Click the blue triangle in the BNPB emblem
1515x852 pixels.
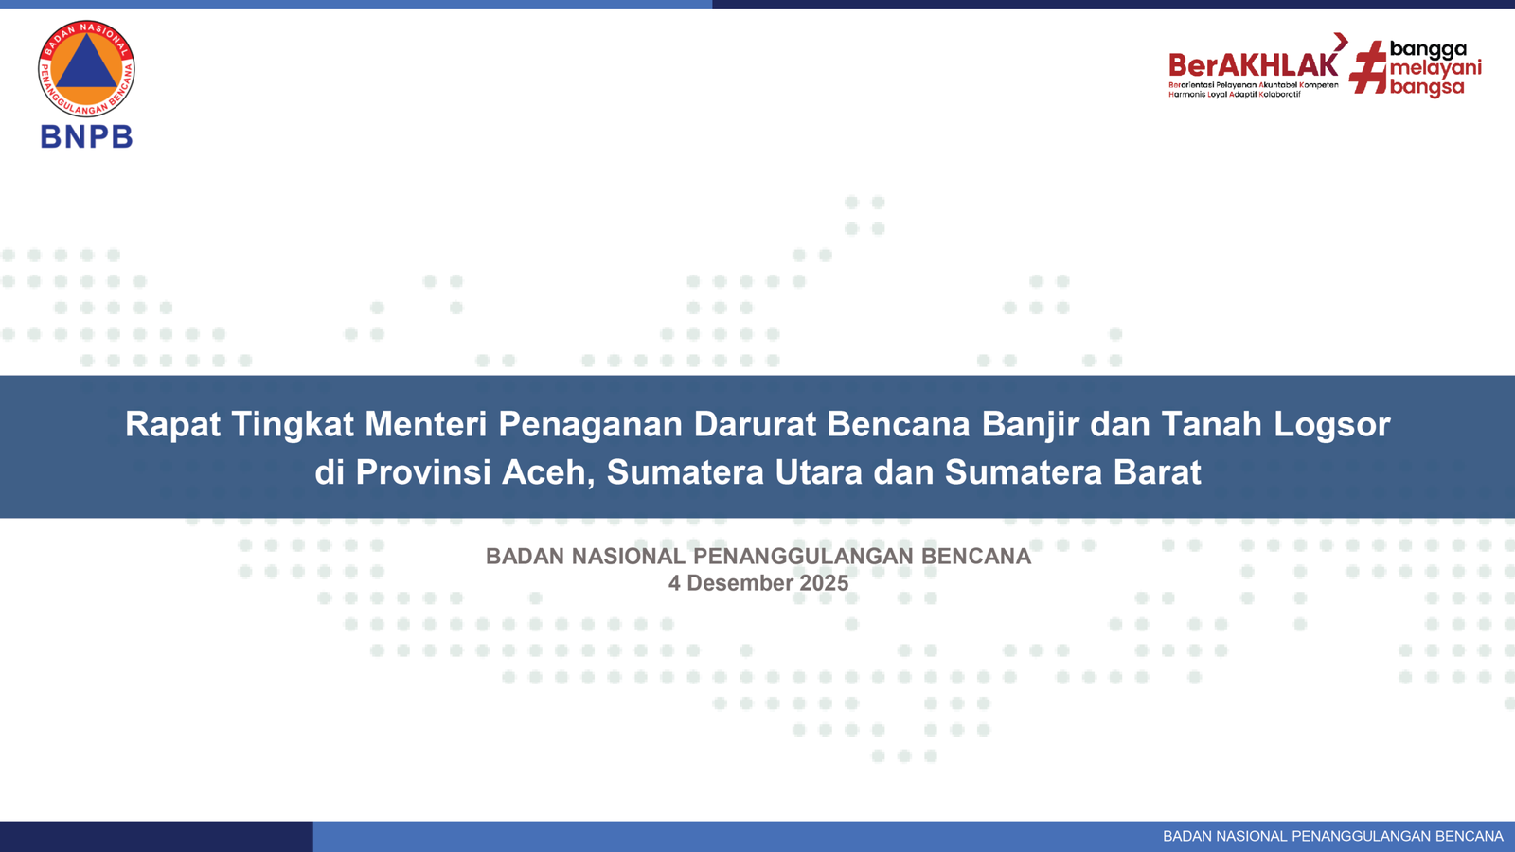pos(86,62)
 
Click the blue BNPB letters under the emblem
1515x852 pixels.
pos(86,136)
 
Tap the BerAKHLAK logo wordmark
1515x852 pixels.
pos(1254,65)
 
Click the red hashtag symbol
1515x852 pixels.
pos(1367,67)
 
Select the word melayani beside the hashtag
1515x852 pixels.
pos(1435,68)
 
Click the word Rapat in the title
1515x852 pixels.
pos(172,425)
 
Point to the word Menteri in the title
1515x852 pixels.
pos(426,425)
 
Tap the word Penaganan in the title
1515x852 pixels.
pos(591,425)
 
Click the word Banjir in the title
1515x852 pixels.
pos(1031,425)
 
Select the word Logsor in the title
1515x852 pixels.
pos(1332,425)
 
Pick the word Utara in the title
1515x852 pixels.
pos(819,472)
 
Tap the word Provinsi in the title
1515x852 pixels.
pos(423,472)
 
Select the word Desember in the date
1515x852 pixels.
pos(740,583)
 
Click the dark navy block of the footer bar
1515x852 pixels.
pos(156,837)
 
